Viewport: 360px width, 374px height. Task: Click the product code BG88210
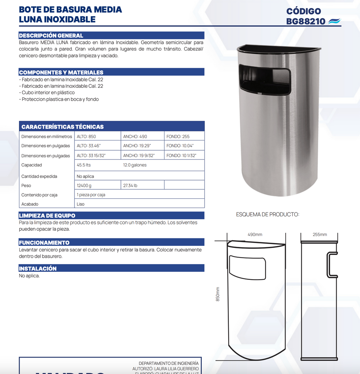tap(306, 21)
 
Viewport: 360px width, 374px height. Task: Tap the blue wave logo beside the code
tap(334, 22)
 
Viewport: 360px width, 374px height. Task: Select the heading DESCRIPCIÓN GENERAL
tap(51, 35)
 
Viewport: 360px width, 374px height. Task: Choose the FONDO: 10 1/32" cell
tap(181, 156)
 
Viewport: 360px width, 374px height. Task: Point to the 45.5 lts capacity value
tap(84, 165)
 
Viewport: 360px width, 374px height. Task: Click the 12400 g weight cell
tap(84, 185)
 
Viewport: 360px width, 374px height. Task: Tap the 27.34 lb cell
tap(130, 185)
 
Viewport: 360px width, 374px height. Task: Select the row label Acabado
tap(30, 204)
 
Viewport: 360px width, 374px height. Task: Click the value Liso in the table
tap(81, 204)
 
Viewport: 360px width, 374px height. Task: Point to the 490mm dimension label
tap(255, 235)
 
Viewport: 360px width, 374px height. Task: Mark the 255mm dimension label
tap(320, 235)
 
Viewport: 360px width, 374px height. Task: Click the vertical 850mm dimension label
tap(218, 294)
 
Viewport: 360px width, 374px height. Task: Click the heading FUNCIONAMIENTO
tap(44, 243)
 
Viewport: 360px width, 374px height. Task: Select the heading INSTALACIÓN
tap(38, 269)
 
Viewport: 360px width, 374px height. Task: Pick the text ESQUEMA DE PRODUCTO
tap(268, 214)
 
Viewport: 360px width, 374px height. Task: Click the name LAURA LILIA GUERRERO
tap(176, 369)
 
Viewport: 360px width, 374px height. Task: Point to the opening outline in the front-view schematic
tap(247, 268)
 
